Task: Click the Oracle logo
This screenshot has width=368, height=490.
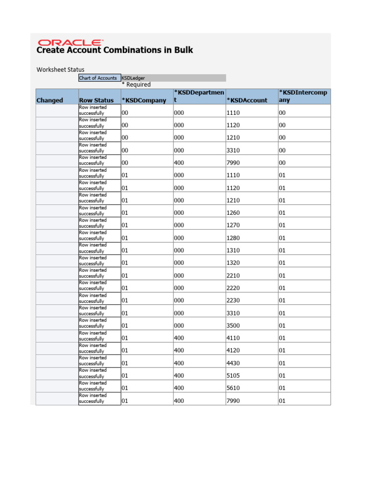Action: [69, 42]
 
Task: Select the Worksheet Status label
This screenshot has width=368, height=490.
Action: [60, 69]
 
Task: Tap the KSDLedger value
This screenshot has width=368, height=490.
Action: [134, 78]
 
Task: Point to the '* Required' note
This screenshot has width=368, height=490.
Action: [136, 85]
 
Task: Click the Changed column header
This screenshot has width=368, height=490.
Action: [50, 100]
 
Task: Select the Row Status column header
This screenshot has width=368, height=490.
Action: [96, 100]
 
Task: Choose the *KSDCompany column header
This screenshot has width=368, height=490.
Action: [144, 100]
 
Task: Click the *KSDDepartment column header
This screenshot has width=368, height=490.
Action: [199, 96]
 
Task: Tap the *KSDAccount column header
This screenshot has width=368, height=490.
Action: [247, 100]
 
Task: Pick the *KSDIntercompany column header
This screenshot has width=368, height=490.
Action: [304, 96]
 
